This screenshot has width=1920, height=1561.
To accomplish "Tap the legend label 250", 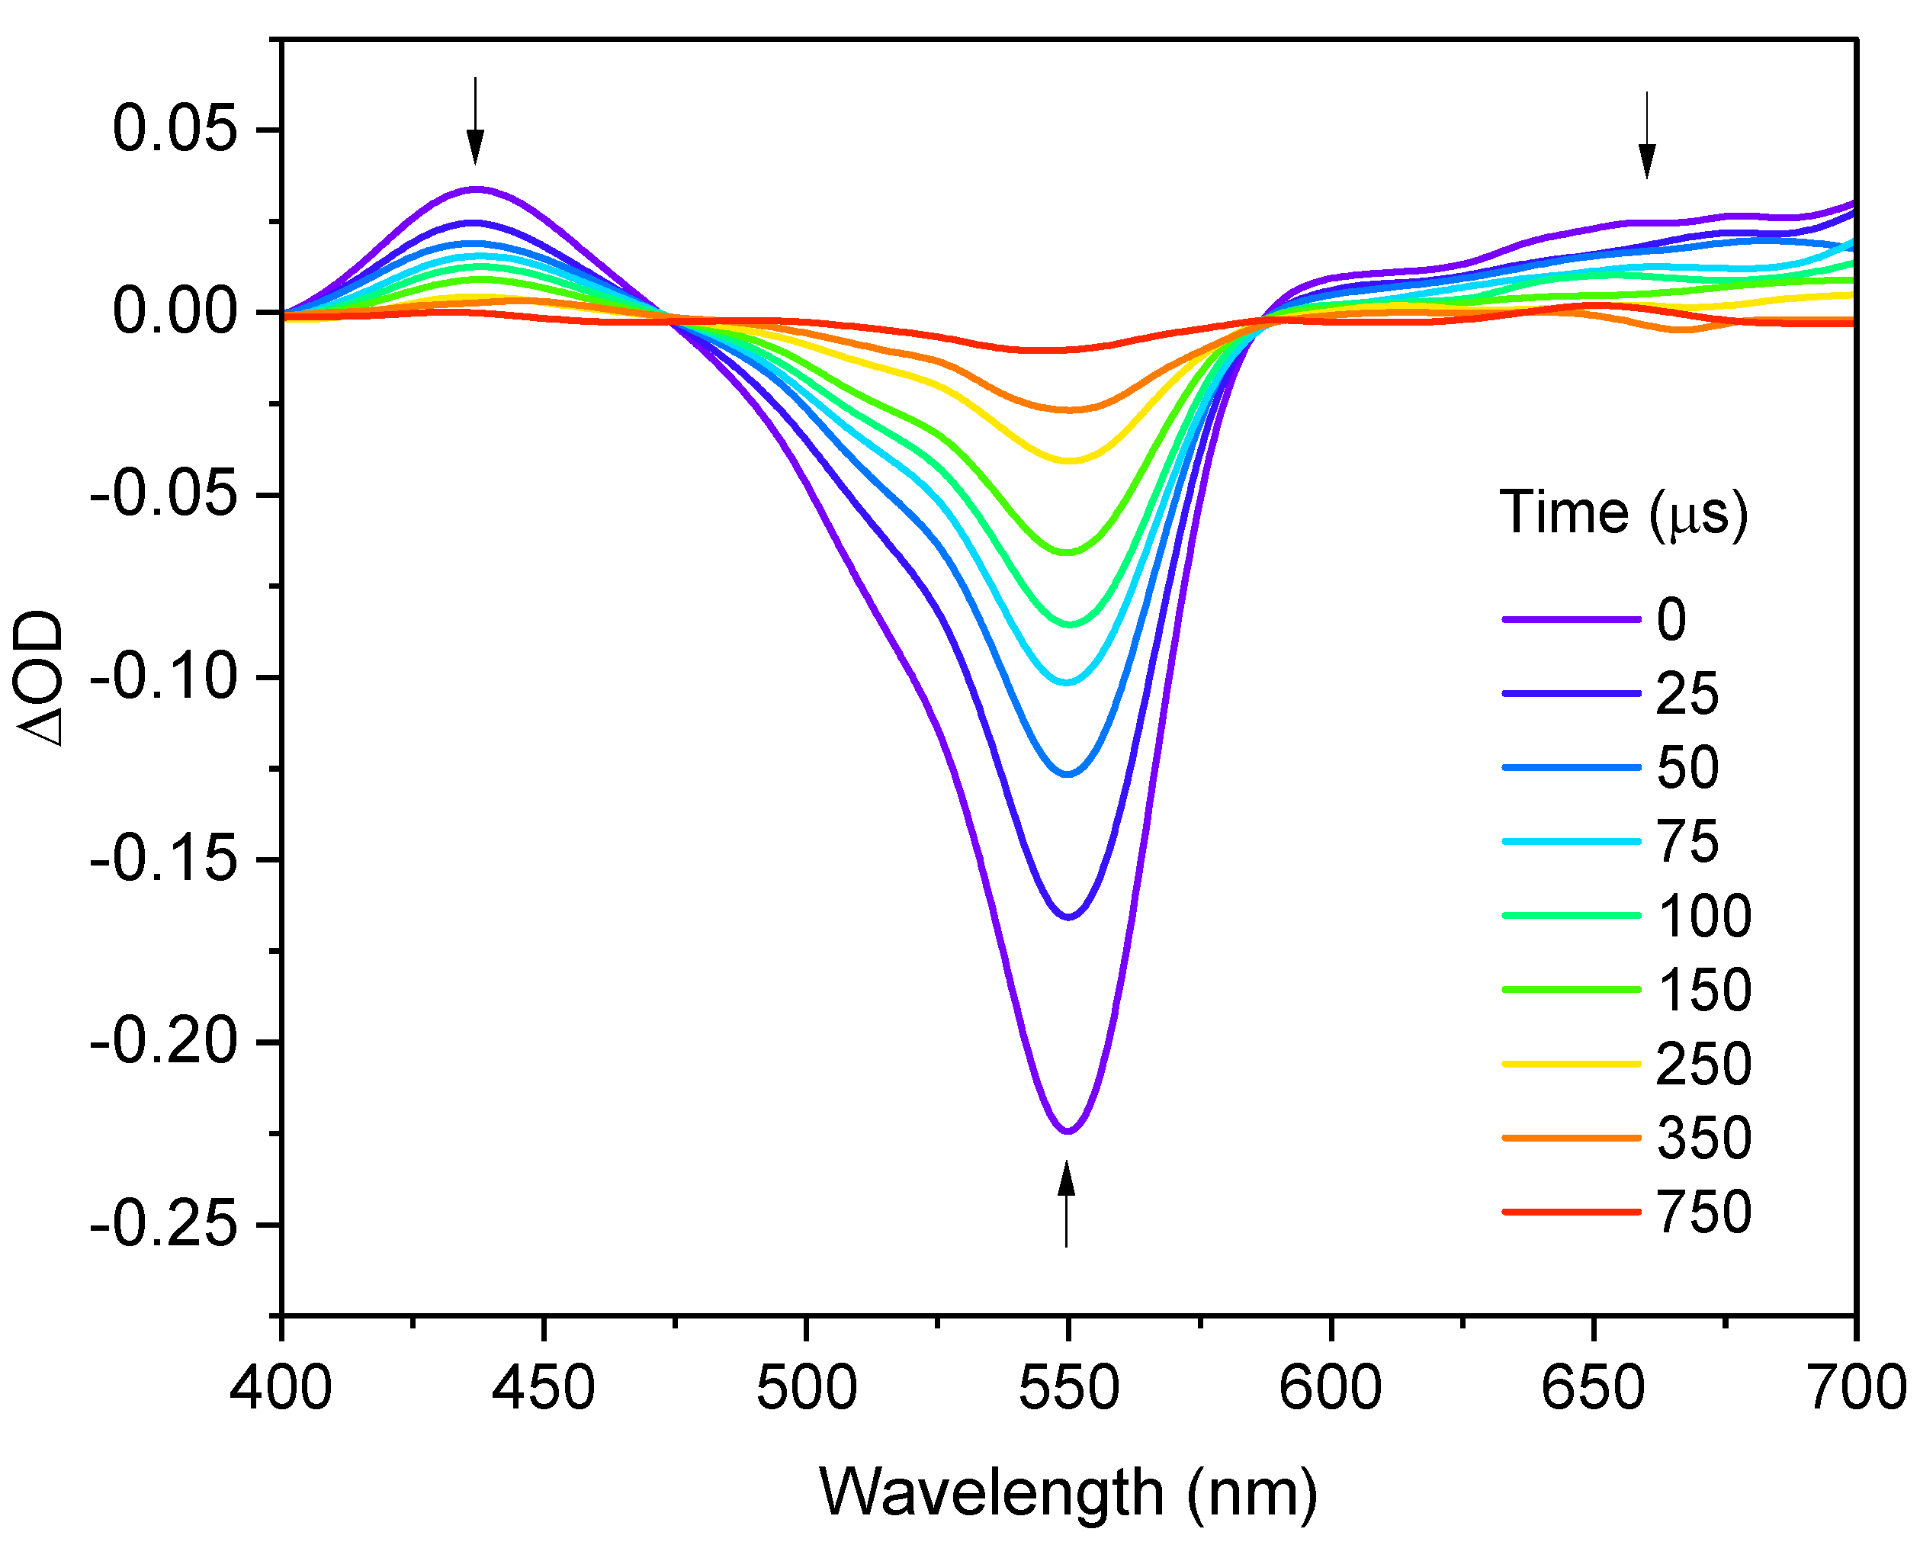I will click(1703, 1064).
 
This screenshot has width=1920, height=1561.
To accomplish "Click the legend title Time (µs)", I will click(1623, 513).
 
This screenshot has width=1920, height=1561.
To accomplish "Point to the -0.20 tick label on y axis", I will click(164, 1042).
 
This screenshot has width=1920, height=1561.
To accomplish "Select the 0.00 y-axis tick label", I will click(175, 311).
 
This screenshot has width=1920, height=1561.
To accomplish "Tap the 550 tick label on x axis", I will click(1068, 1387).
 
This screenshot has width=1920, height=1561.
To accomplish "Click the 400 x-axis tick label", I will click(281, 1387).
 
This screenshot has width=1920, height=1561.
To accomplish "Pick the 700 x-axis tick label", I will click(1855, 1387).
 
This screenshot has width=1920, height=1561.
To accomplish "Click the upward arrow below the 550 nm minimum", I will click(1066, 1203).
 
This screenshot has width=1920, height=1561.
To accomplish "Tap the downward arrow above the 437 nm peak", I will click(476, 121).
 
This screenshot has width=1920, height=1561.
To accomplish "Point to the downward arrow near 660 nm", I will click(1647, 136).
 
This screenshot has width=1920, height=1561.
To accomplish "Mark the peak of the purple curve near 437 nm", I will click(476, 189).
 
